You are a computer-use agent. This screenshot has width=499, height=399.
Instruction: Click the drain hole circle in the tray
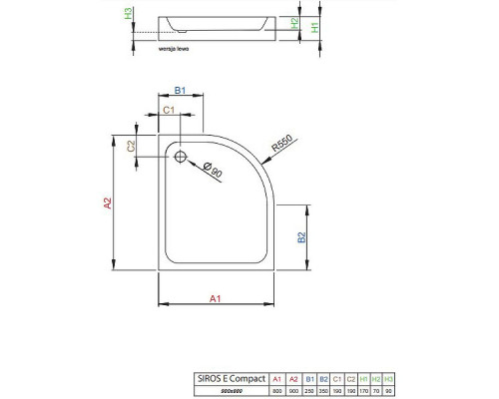coord(181,157)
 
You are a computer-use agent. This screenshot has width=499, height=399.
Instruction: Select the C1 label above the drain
coord(170,110)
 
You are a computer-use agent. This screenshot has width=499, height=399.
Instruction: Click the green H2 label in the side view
coord(294,23)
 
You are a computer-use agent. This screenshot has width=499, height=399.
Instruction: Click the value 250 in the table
coord(309,391)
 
